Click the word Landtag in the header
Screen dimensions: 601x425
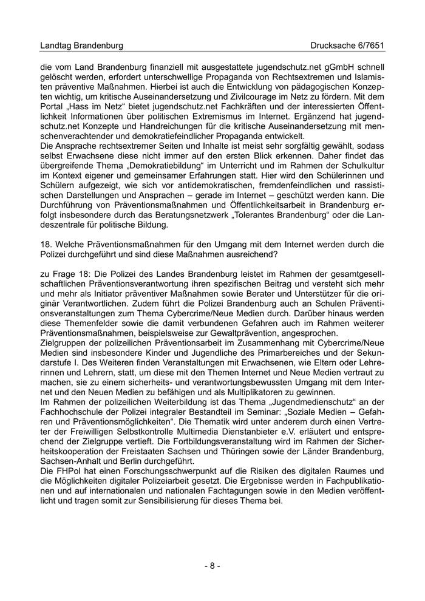click(56, 46)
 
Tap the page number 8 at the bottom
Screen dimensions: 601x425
click(212, 566)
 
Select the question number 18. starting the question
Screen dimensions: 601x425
click(45, 244)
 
